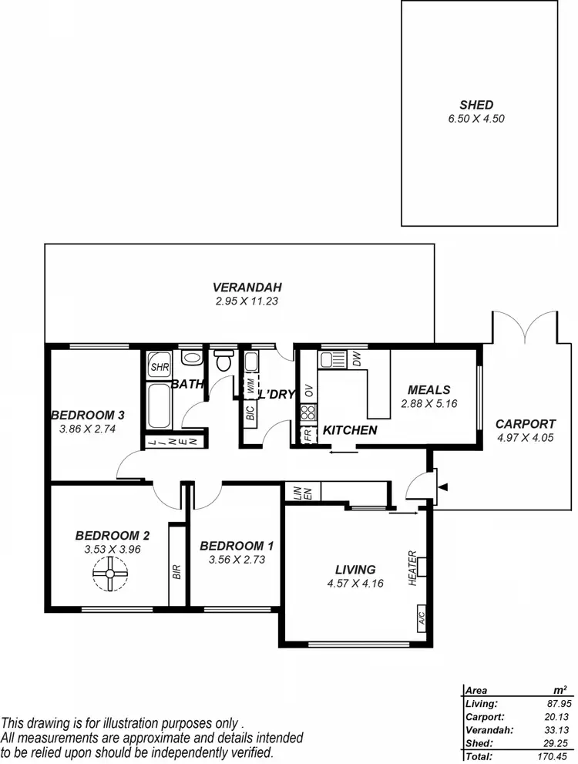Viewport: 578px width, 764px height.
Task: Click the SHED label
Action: pyautogui.click(x=476, y=105)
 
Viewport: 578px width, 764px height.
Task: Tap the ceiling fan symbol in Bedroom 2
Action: pyautogui.click(x=109, y=574)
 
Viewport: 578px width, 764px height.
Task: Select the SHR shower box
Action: pyautogui.click(x=160, y=368)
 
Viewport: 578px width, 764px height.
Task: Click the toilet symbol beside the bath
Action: pyautogui.click(x=223, y=360)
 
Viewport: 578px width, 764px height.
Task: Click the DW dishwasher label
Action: pyautogui.click(x=356, y=358)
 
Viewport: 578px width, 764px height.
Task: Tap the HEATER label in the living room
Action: pyautogui.click(x=413, y=567)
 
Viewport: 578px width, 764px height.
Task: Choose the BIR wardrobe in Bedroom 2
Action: pyautogui.click(x=177, y=570)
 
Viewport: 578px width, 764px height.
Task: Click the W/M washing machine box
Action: pyautogui.click(x=250, y=387)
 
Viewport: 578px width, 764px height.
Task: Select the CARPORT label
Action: pyautogui.click(x=525, y=423)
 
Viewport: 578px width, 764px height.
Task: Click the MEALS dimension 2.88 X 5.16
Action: pyautogui.click(x=429, y=403)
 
